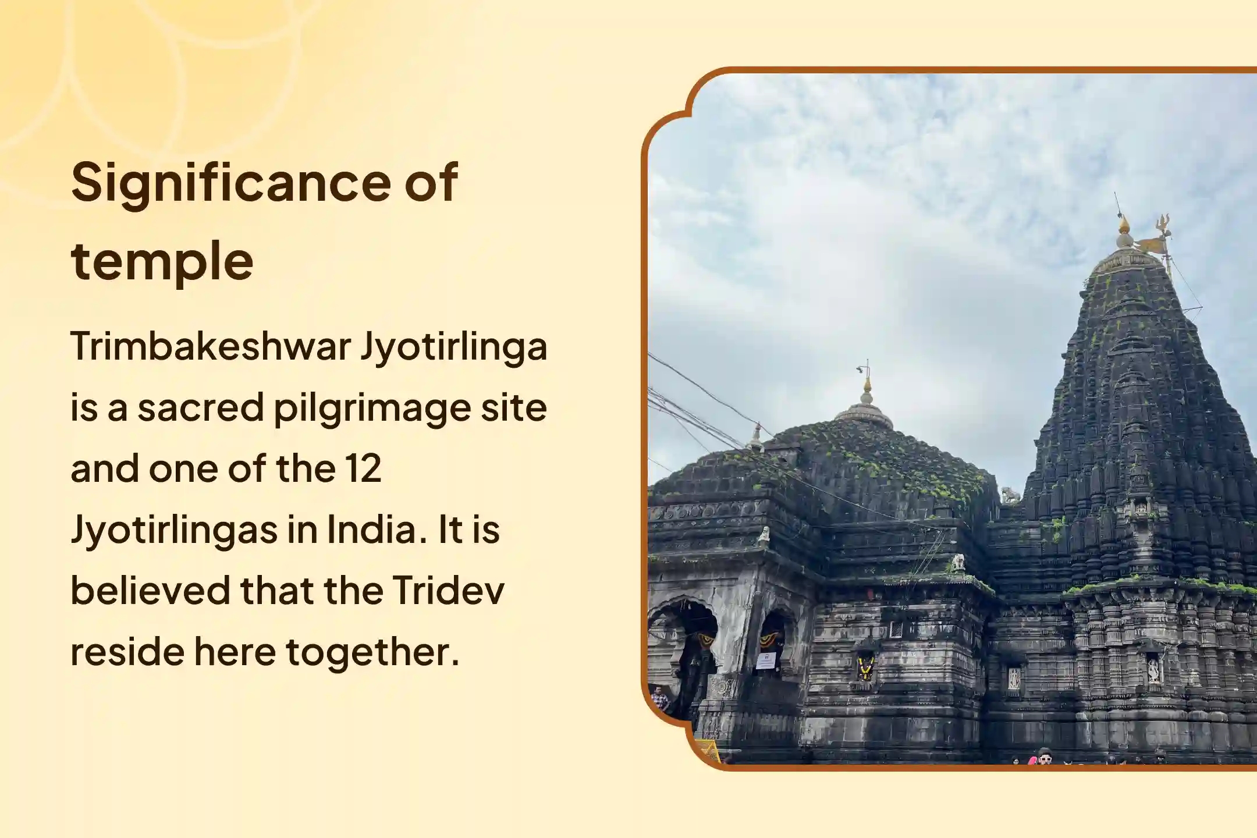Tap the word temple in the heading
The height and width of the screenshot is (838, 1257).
[x=162, y=261]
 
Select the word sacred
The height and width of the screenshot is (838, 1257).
[x=201, y=407]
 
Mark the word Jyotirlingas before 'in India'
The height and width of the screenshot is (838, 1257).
[x=173, y=531]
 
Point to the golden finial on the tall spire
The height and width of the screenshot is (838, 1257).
[x=1123, y=225]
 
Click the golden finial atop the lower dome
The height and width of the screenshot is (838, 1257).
[x=867, y=384]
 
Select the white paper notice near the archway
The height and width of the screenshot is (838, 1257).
[x=765, y=661]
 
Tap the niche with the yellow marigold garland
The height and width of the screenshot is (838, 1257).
[x=865, y=668]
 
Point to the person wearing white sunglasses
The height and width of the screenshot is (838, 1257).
[x=1045, y=759]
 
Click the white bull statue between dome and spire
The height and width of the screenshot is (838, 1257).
[x=1009, y=495]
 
